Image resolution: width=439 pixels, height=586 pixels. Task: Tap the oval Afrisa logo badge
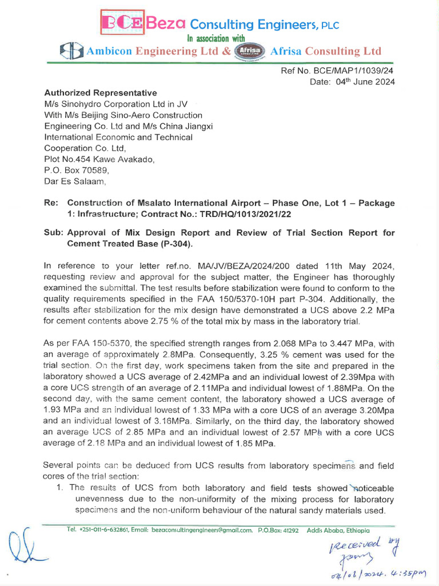pos(250,51)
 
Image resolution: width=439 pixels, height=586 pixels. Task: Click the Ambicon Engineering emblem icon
pos(73,52)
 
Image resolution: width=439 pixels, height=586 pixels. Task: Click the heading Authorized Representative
pos(101,93)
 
